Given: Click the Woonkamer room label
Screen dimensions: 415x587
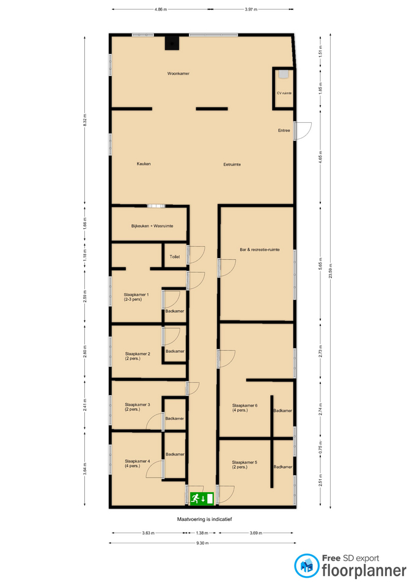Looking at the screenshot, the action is coord(178,74).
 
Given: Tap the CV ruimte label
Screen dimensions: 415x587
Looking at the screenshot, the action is coord(284,93).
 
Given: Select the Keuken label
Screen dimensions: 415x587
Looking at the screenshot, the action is coord(144,164).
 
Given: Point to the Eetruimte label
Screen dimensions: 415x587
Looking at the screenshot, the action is coord(232,164).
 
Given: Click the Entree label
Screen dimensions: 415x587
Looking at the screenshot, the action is coord(284,131).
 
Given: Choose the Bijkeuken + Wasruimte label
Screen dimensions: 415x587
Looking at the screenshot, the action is coord(152,226).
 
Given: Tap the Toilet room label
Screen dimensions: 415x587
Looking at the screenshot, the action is coord(175,257).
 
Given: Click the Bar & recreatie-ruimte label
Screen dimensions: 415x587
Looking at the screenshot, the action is coord(260,249).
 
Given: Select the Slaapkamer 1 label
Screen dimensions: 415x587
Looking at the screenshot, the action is coord(136,295).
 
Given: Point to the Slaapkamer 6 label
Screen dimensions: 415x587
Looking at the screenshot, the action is coord(244,405).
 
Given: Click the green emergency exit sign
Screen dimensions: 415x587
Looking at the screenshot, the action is coord(202,499).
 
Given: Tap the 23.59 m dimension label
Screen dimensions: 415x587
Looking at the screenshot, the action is coord(331,271).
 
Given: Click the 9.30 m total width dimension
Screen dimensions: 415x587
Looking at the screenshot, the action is coord(202,543).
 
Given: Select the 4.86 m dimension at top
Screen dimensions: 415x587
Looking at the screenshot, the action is coord(161,9).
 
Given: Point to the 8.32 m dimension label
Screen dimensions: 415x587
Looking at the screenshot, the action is coord(85,120).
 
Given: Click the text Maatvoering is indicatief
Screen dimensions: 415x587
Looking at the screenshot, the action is coord(204,519).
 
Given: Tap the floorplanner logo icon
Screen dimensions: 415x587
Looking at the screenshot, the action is coord(306,565).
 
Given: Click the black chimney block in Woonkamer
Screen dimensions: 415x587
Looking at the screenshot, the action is coord(172,43).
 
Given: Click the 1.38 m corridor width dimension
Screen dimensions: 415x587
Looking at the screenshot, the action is coord(202,533).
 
